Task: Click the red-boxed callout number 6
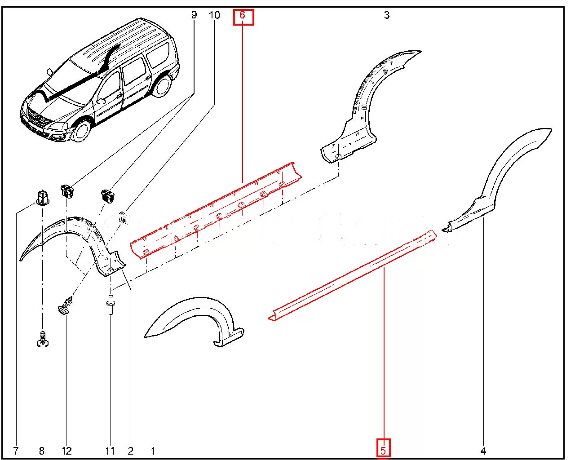pos(243,17)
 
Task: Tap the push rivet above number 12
pos(65,305)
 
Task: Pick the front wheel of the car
pos(82,131)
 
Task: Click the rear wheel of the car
pos(162,85)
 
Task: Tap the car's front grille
pos(39,119)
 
